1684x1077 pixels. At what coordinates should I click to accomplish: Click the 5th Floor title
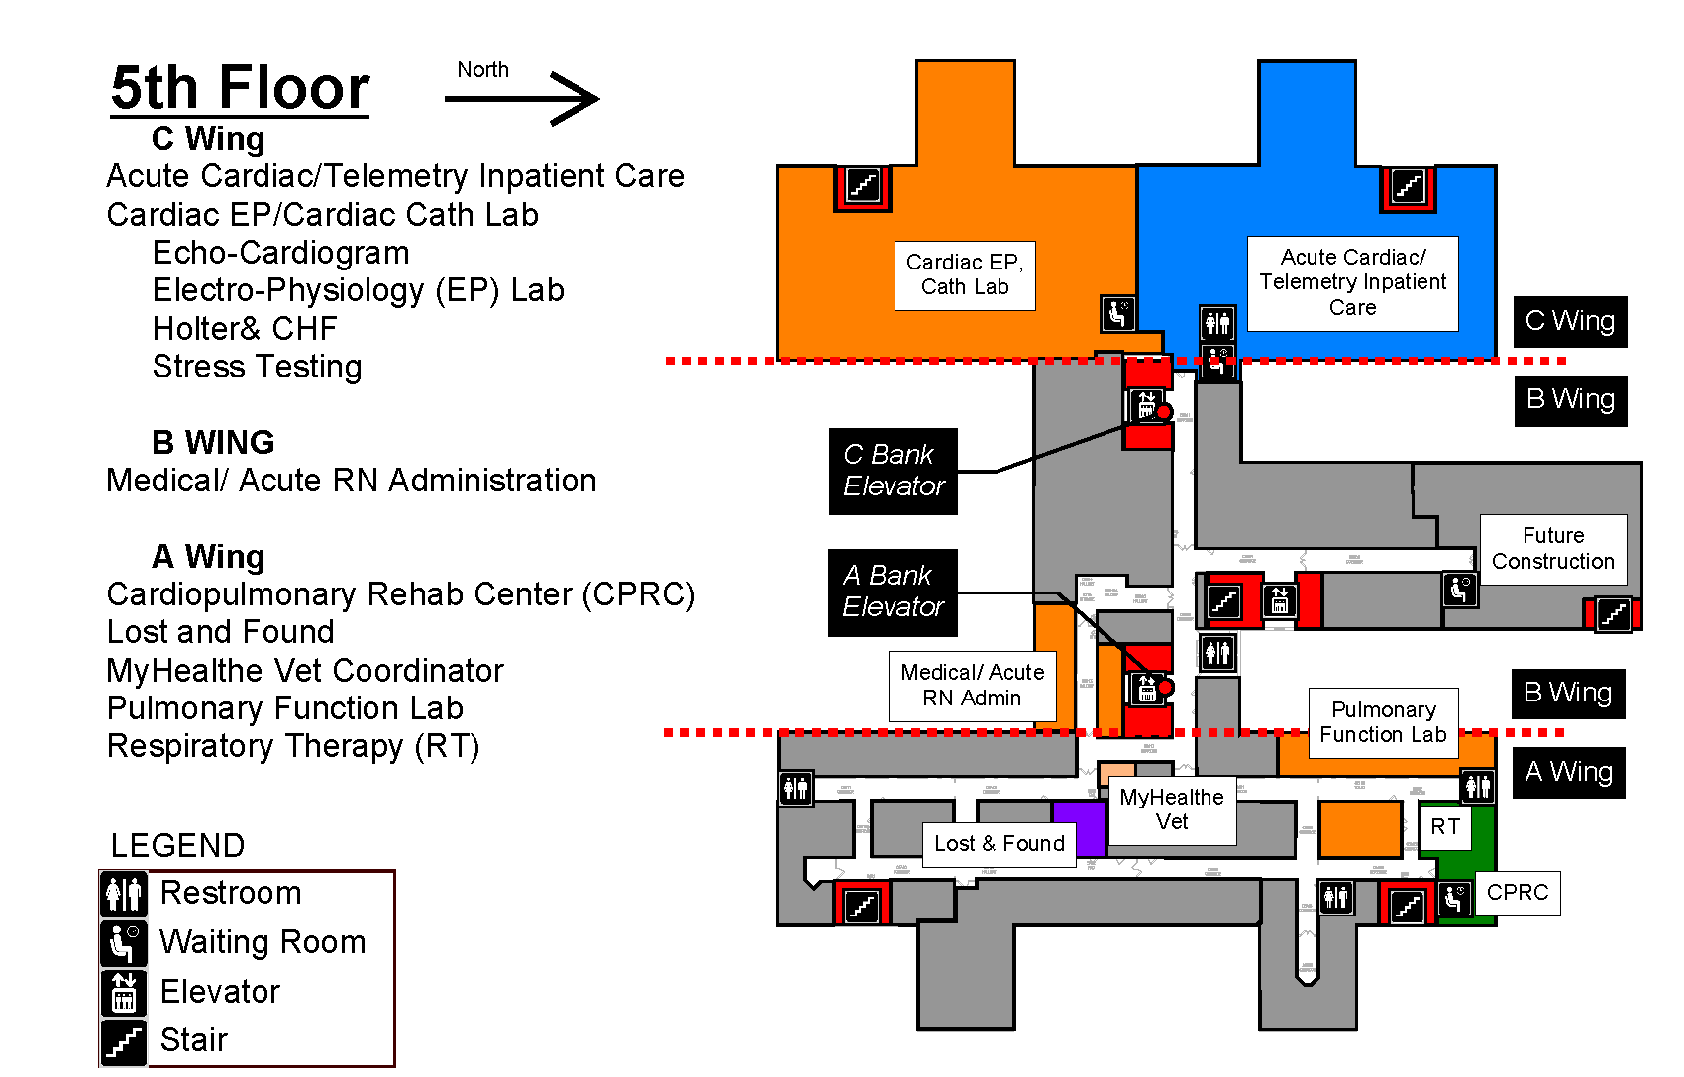(240, 88)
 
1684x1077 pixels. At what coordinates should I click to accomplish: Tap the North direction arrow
(523, 98)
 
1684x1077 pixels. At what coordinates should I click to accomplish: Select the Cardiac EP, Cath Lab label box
(965, 275)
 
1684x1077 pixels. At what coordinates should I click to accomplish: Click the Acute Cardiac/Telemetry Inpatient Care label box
(1352, 282)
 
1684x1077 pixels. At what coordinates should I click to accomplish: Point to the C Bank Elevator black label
(893, 471)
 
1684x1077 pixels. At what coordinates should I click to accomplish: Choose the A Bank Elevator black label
(893, 592)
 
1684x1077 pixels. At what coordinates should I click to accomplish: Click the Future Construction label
(1552, 549)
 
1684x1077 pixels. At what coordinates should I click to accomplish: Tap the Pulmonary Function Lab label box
(1383, 722)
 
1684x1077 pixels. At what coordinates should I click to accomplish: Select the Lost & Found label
(999, 844)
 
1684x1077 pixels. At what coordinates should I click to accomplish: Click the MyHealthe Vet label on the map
(1172, 809)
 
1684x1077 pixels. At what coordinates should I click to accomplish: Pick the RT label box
(1445, 827)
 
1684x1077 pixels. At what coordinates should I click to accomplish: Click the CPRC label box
(1517, 893)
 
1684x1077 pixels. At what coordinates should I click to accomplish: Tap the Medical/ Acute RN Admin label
(972, 685)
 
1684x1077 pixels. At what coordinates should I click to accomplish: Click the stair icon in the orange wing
(862, 186)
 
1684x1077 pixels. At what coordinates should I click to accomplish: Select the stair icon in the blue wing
(1408, 186)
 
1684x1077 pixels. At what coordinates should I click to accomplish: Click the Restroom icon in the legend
(125, 894)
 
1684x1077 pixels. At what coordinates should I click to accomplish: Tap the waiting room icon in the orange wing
(1117, 313)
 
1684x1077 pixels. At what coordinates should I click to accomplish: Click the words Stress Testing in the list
(257, 367)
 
